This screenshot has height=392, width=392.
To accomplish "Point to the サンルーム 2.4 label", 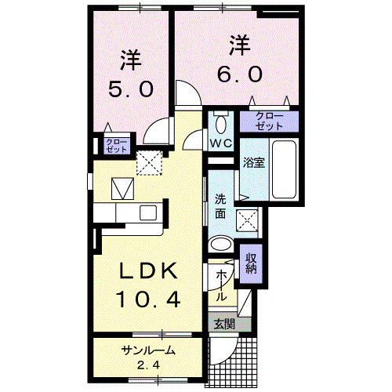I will [147, 357].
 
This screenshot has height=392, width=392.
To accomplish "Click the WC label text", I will [220, 143].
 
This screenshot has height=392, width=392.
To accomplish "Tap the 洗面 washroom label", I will [220, 205].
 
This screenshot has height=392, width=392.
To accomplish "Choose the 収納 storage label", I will [252, 263].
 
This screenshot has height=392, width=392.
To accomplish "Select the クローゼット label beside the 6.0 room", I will [269, 122].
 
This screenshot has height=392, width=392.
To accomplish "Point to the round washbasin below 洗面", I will [222, 243].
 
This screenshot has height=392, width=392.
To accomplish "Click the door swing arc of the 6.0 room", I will [188, 96].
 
